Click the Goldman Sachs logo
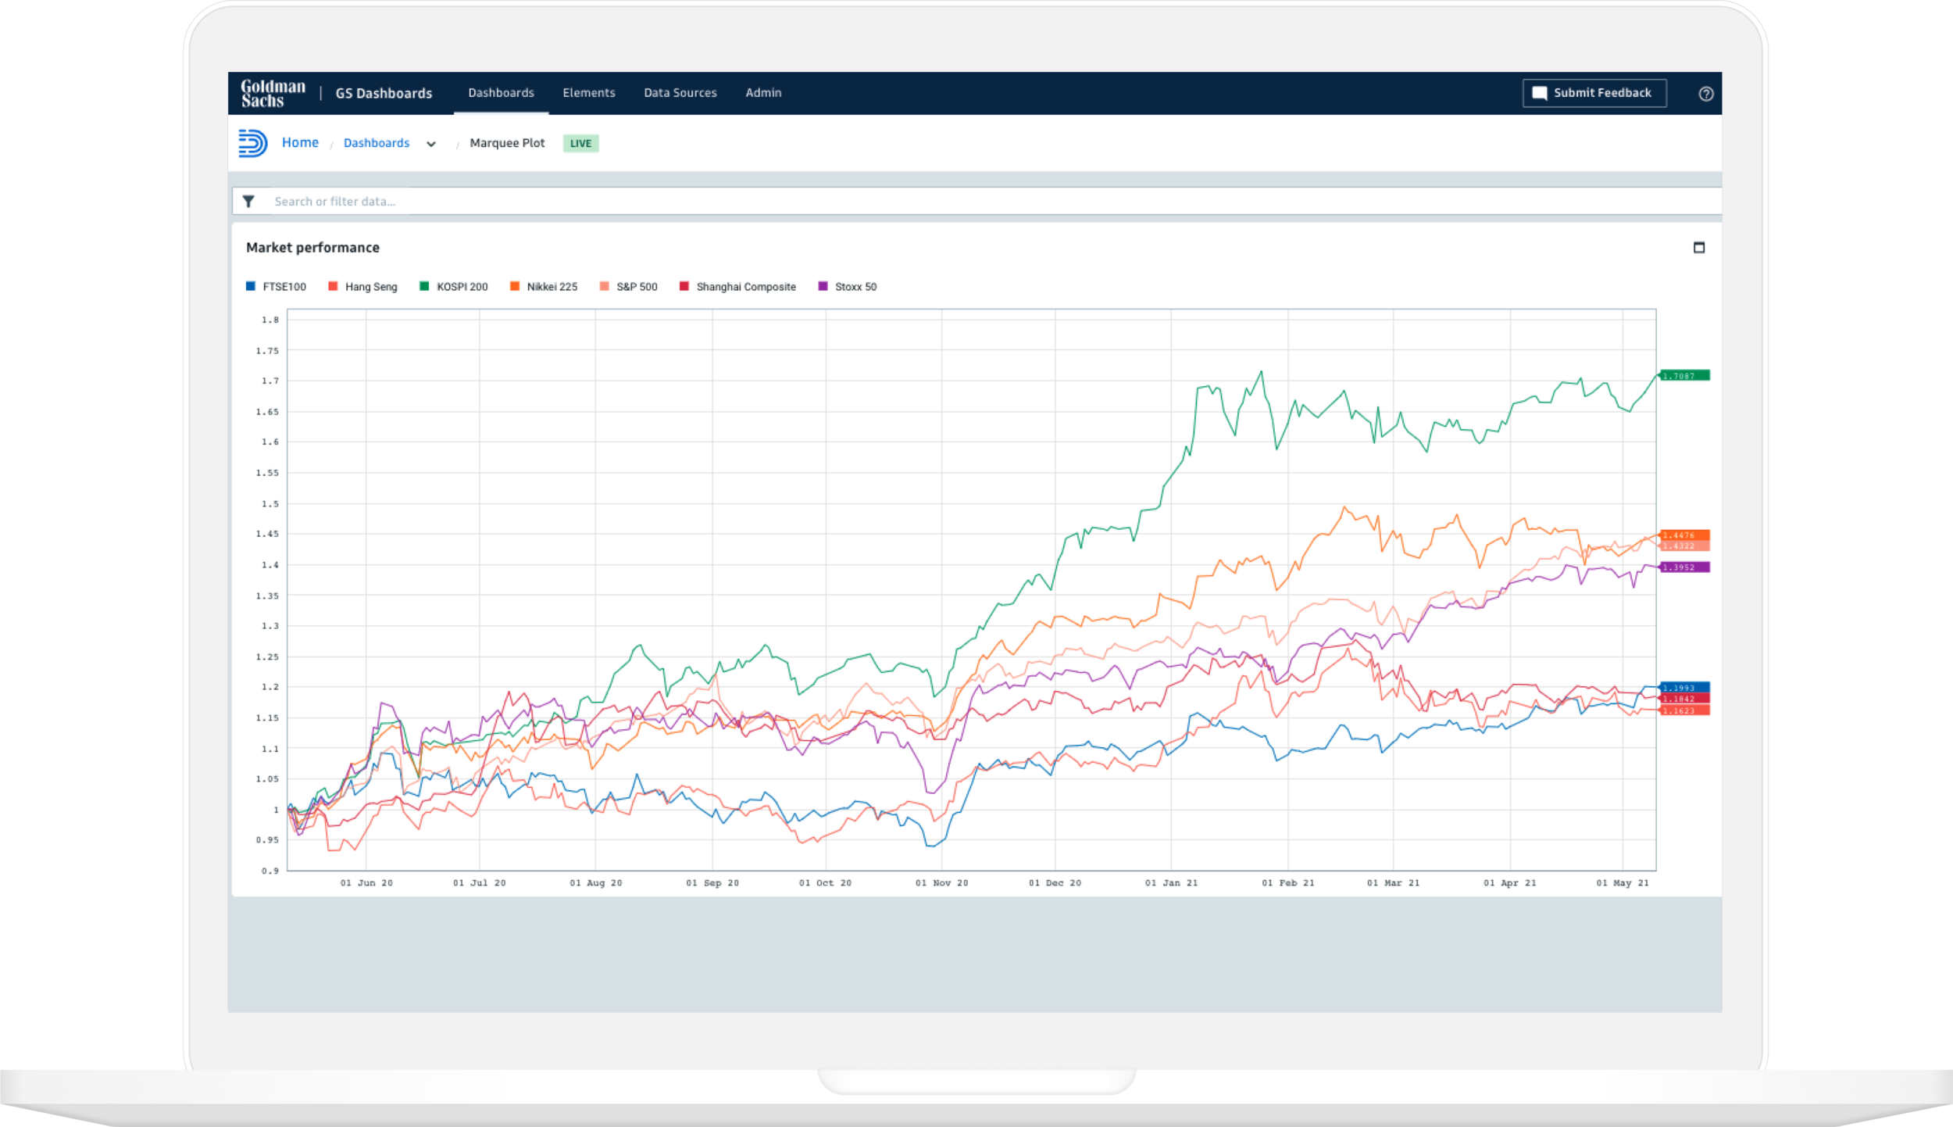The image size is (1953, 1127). click(x=273, y=93)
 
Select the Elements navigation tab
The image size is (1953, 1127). click(x=588, y=93)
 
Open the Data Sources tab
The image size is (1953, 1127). click(x=680, y=93)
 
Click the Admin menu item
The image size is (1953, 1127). click(x=763, y=93)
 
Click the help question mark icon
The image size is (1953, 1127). click(x=1706, y=94)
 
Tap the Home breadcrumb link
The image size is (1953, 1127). click(x=300, y=143)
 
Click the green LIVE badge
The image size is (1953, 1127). click(x=580, y=144)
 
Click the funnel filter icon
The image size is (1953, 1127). click(x=248, y=202)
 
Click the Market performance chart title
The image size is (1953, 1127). click(x=312, y=248)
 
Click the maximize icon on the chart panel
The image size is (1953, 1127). click(x=1699, y=248)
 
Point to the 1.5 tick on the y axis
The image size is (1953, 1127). click(x=270, y=504)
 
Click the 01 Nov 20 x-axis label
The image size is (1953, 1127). click(x=941, y=883)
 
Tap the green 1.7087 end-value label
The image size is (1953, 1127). click(x=1684, y=376)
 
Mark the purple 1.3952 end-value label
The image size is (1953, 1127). click(x=1684, y=567)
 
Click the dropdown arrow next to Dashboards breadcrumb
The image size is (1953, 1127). click(x=430, y=144)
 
